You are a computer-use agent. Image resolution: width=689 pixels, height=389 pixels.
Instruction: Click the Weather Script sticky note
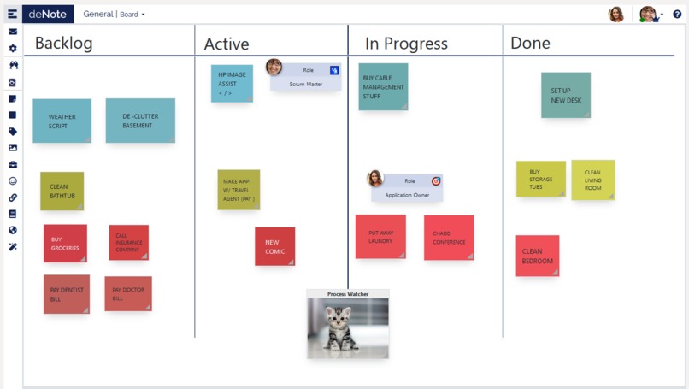(62, 121)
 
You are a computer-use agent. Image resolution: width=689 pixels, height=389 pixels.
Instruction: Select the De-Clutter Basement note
(140, 121)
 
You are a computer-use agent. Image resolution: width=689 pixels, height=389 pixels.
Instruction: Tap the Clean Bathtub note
(62, 191)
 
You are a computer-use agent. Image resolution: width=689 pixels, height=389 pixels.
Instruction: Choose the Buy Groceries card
(65, 244)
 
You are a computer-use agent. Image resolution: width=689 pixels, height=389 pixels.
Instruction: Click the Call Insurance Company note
(128, 243)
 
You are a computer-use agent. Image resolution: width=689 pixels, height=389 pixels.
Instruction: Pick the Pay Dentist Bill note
(67, 294)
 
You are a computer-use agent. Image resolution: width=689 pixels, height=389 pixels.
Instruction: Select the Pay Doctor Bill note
(128, 294)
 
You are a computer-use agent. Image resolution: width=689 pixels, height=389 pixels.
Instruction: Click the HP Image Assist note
(232, 83)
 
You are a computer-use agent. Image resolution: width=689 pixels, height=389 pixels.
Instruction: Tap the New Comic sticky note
(274, 246)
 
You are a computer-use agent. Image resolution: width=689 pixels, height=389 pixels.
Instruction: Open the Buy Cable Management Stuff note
(383, 86)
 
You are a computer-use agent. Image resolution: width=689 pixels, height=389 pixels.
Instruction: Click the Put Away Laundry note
(380, 237)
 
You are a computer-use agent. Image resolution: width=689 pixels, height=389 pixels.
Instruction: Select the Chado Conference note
(448, 237)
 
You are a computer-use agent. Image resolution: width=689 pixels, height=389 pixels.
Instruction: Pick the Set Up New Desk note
(565, 95)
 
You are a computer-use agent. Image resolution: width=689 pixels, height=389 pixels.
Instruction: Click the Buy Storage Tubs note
(540, 179)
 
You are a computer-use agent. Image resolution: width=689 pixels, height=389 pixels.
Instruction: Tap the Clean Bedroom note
(537, 256)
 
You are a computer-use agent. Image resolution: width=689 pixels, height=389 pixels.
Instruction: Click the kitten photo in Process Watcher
(348, 327)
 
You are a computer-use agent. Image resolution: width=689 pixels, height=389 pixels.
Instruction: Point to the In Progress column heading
(406, 44)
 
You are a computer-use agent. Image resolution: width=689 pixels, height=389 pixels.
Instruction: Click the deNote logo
(48, 14)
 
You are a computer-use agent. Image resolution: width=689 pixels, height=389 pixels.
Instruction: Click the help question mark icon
(677, 14)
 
